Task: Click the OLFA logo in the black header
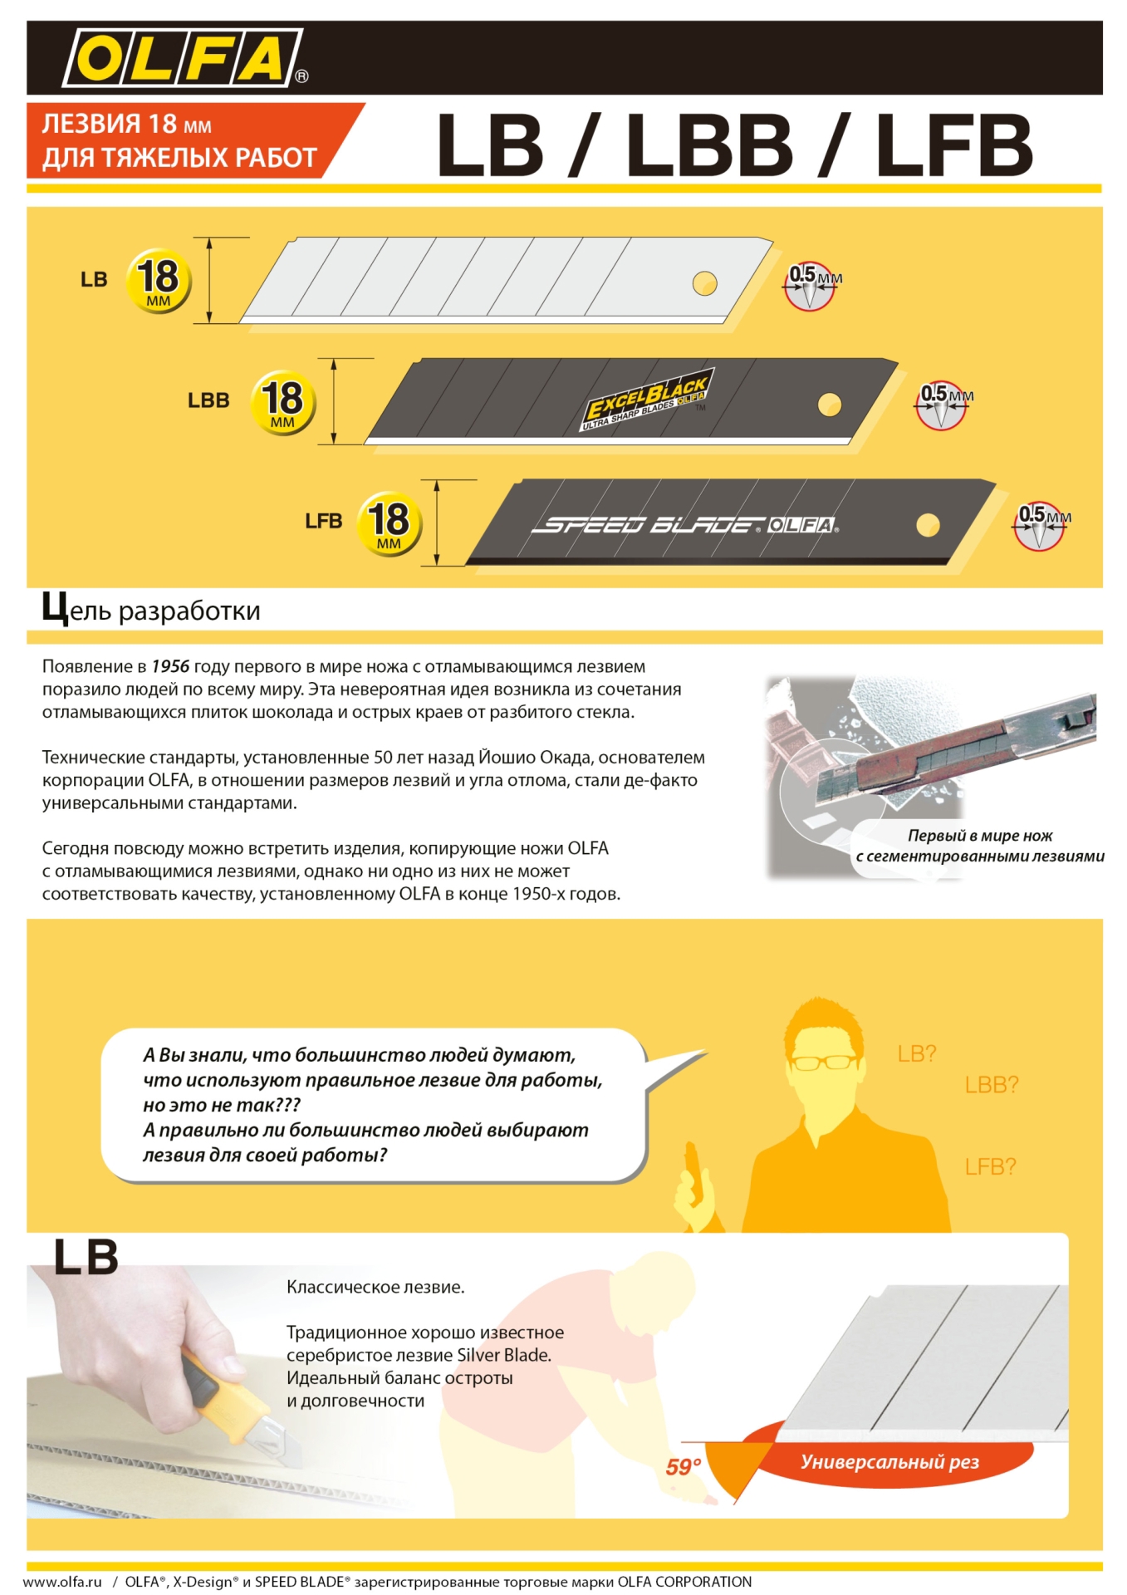point(184,57)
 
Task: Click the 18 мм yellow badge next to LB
point(158,280)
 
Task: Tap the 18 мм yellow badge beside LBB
point(282,402)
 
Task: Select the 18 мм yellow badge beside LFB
point(389,524)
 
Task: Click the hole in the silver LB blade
point(704,283)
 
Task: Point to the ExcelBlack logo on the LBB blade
point(647,399)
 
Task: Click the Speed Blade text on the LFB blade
point(647,525)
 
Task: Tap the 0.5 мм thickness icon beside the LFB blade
point(1039,525)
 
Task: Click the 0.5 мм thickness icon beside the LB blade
point(810,286)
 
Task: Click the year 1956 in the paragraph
point(170,666)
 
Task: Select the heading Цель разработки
point(151,610)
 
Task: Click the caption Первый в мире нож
point(979,836)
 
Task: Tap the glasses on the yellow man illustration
point(823,1062)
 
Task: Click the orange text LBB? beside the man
point(991,1084)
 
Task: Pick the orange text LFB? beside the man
point(990,1166)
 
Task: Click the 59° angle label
point(684,1467)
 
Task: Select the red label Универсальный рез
point(889,1462)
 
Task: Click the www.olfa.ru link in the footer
point(62,1582)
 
